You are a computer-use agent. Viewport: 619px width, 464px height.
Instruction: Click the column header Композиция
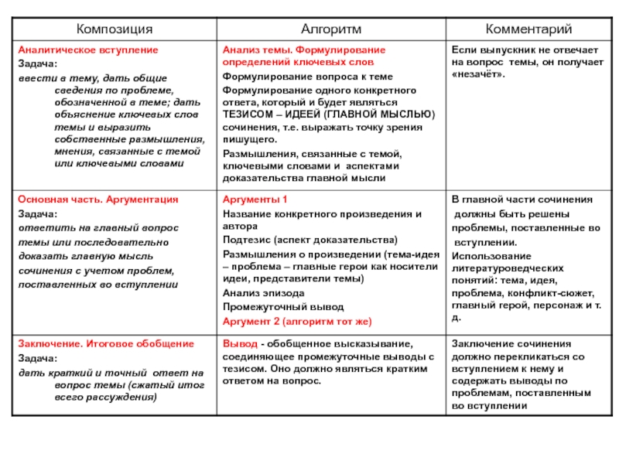115,29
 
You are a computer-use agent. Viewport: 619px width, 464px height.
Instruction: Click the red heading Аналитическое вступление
87,49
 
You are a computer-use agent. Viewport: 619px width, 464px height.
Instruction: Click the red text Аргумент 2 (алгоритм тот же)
297,320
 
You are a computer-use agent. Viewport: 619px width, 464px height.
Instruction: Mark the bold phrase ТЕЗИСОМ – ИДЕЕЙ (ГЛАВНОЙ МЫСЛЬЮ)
329,114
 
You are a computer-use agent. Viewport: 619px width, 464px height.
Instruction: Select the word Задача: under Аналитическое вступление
37,63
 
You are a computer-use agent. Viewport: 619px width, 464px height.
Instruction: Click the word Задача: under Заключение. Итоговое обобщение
37,359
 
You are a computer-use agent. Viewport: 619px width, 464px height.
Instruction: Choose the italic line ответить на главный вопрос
98,228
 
